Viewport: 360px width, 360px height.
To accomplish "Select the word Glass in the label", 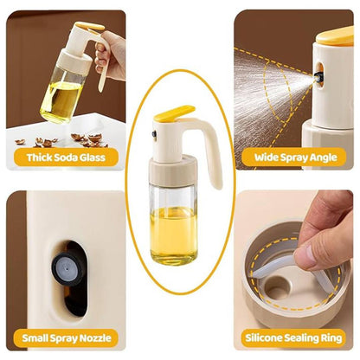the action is [93, 157].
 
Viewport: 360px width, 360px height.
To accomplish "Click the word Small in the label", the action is [34, 337].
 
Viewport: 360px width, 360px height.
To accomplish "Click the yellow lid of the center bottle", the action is [174, 113].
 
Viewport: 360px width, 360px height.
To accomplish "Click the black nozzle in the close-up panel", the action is [68, 268].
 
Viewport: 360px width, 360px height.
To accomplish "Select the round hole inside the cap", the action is [276, 287].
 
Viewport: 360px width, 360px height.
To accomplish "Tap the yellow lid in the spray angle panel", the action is [335, 36].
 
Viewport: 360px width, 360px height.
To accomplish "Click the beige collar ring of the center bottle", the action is [173, 170].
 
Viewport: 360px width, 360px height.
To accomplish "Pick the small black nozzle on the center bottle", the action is [154, 134].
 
